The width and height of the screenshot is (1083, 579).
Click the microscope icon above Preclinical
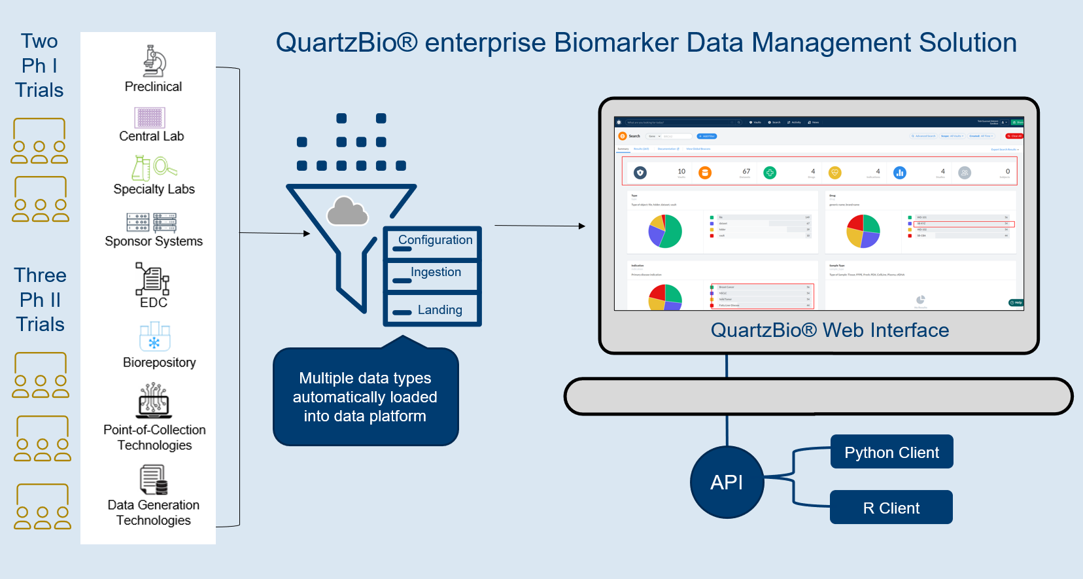(x=154, y=61)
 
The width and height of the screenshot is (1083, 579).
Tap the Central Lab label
(x=151, y=136)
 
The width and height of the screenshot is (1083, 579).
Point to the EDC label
(x=154, y=302)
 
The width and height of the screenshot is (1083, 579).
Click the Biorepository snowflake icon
(x=155, y=338)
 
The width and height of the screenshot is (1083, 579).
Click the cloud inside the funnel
(x=347, y=211)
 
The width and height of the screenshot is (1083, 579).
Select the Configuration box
(x=433, y=242)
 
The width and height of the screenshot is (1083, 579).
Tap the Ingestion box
(x=433, y=275)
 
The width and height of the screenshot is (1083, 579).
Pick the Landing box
(x=433, y=309)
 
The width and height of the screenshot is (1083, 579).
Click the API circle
(x=727, y=482)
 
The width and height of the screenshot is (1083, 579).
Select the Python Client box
(x=891, y=452)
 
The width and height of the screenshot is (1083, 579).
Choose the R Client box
(x=891, y=508)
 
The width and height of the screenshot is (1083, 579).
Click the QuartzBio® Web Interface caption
(x=829, y=330)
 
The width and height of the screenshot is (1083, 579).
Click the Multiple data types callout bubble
(x=365, y=397)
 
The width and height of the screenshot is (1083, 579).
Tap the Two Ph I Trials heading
(x=39, y=65)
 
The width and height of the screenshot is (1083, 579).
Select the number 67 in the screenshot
(x=746, y=171)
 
